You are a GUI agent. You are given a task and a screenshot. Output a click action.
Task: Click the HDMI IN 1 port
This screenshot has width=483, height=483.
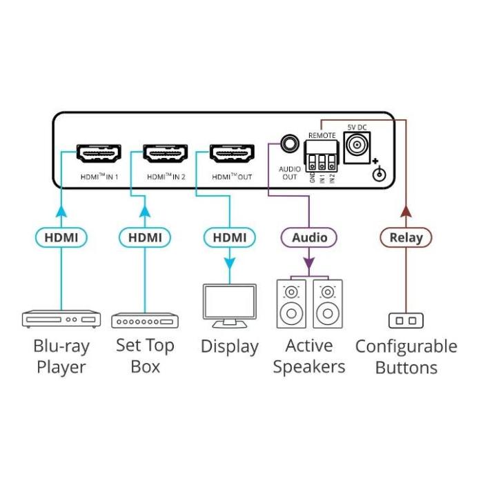[99, 153]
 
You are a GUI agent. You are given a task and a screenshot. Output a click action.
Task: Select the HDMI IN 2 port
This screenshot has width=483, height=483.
[166, 153]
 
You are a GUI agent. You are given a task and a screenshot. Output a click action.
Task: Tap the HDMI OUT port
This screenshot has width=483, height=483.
[232, 153]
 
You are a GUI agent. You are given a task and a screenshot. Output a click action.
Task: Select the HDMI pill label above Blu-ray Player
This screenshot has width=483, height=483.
[61, 238]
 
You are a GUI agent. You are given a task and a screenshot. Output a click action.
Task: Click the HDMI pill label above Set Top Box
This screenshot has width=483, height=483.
[145, 238]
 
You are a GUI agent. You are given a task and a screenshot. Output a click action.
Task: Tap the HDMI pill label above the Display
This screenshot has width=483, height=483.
[230, 238]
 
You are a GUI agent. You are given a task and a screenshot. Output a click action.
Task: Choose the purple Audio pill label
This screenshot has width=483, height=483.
[309, 238]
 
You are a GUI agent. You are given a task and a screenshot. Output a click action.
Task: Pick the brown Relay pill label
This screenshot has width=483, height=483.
[406, 238]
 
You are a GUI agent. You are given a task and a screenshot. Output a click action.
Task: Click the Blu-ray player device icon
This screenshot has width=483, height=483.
[61, 319]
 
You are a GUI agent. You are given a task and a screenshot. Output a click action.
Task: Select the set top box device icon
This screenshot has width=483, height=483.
[145, 321]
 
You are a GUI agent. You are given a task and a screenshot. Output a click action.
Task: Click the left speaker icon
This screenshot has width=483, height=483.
[292, 304]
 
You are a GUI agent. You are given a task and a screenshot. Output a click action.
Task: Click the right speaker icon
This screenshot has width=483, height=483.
[327, 304]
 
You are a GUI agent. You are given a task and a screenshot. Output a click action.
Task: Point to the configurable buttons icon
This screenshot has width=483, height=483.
[406, 320]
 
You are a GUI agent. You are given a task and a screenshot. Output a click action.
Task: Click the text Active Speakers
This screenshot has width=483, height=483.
[309, 356]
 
